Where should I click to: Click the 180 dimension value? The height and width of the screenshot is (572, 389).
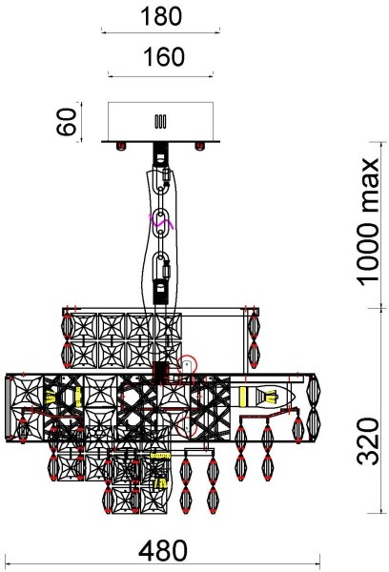161,16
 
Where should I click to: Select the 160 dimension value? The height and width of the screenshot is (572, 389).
164,57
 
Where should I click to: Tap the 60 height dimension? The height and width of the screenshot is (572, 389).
67,122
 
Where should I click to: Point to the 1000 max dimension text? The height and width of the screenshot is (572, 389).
368,222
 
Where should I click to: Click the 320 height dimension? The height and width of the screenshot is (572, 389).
368,441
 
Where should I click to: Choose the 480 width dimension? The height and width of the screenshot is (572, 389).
163,551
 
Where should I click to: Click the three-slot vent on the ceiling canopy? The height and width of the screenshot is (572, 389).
160,122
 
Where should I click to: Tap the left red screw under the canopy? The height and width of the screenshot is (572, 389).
121,146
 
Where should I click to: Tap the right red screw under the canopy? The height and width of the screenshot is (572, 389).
199,146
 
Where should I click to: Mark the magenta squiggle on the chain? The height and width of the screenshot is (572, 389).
160,221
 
